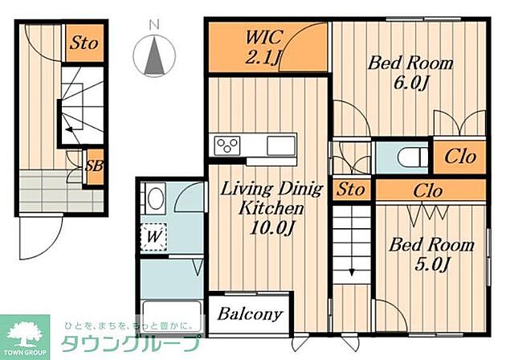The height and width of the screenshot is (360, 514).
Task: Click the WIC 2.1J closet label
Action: click(263, 47)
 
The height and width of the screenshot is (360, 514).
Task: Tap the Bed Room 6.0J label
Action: click(410, 72)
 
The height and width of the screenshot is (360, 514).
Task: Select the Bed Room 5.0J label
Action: click(432, 254)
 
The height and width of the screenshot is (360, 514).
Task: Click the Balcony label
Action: click(250, 313)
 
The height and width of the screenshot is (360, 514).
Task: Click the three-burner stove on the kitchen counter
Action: click(227, 145)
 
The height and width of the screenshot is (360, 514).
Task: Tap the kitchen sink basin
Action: click(281, 145)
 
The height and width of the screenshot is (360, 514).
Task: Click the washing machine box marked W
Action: click(153, 237)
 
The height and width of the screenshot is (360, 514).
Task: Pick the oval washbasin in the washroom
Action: click(155, 198)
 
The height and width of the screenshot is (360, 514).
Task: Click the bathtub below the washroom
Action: click(172, 317)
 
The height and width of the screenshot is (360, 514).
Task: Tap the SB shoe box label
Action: click(94, 166)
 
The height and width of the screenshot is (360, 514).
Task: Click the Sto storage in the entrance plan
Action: click(84, 43)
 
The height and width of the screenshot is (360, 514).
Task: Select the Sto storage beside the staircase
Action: click(350, 189)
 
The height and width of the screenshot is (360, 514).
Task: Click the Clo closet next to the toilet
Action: click(460, 157)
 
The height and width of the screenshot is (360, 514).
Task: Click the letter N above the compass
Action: click(154, 25)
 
